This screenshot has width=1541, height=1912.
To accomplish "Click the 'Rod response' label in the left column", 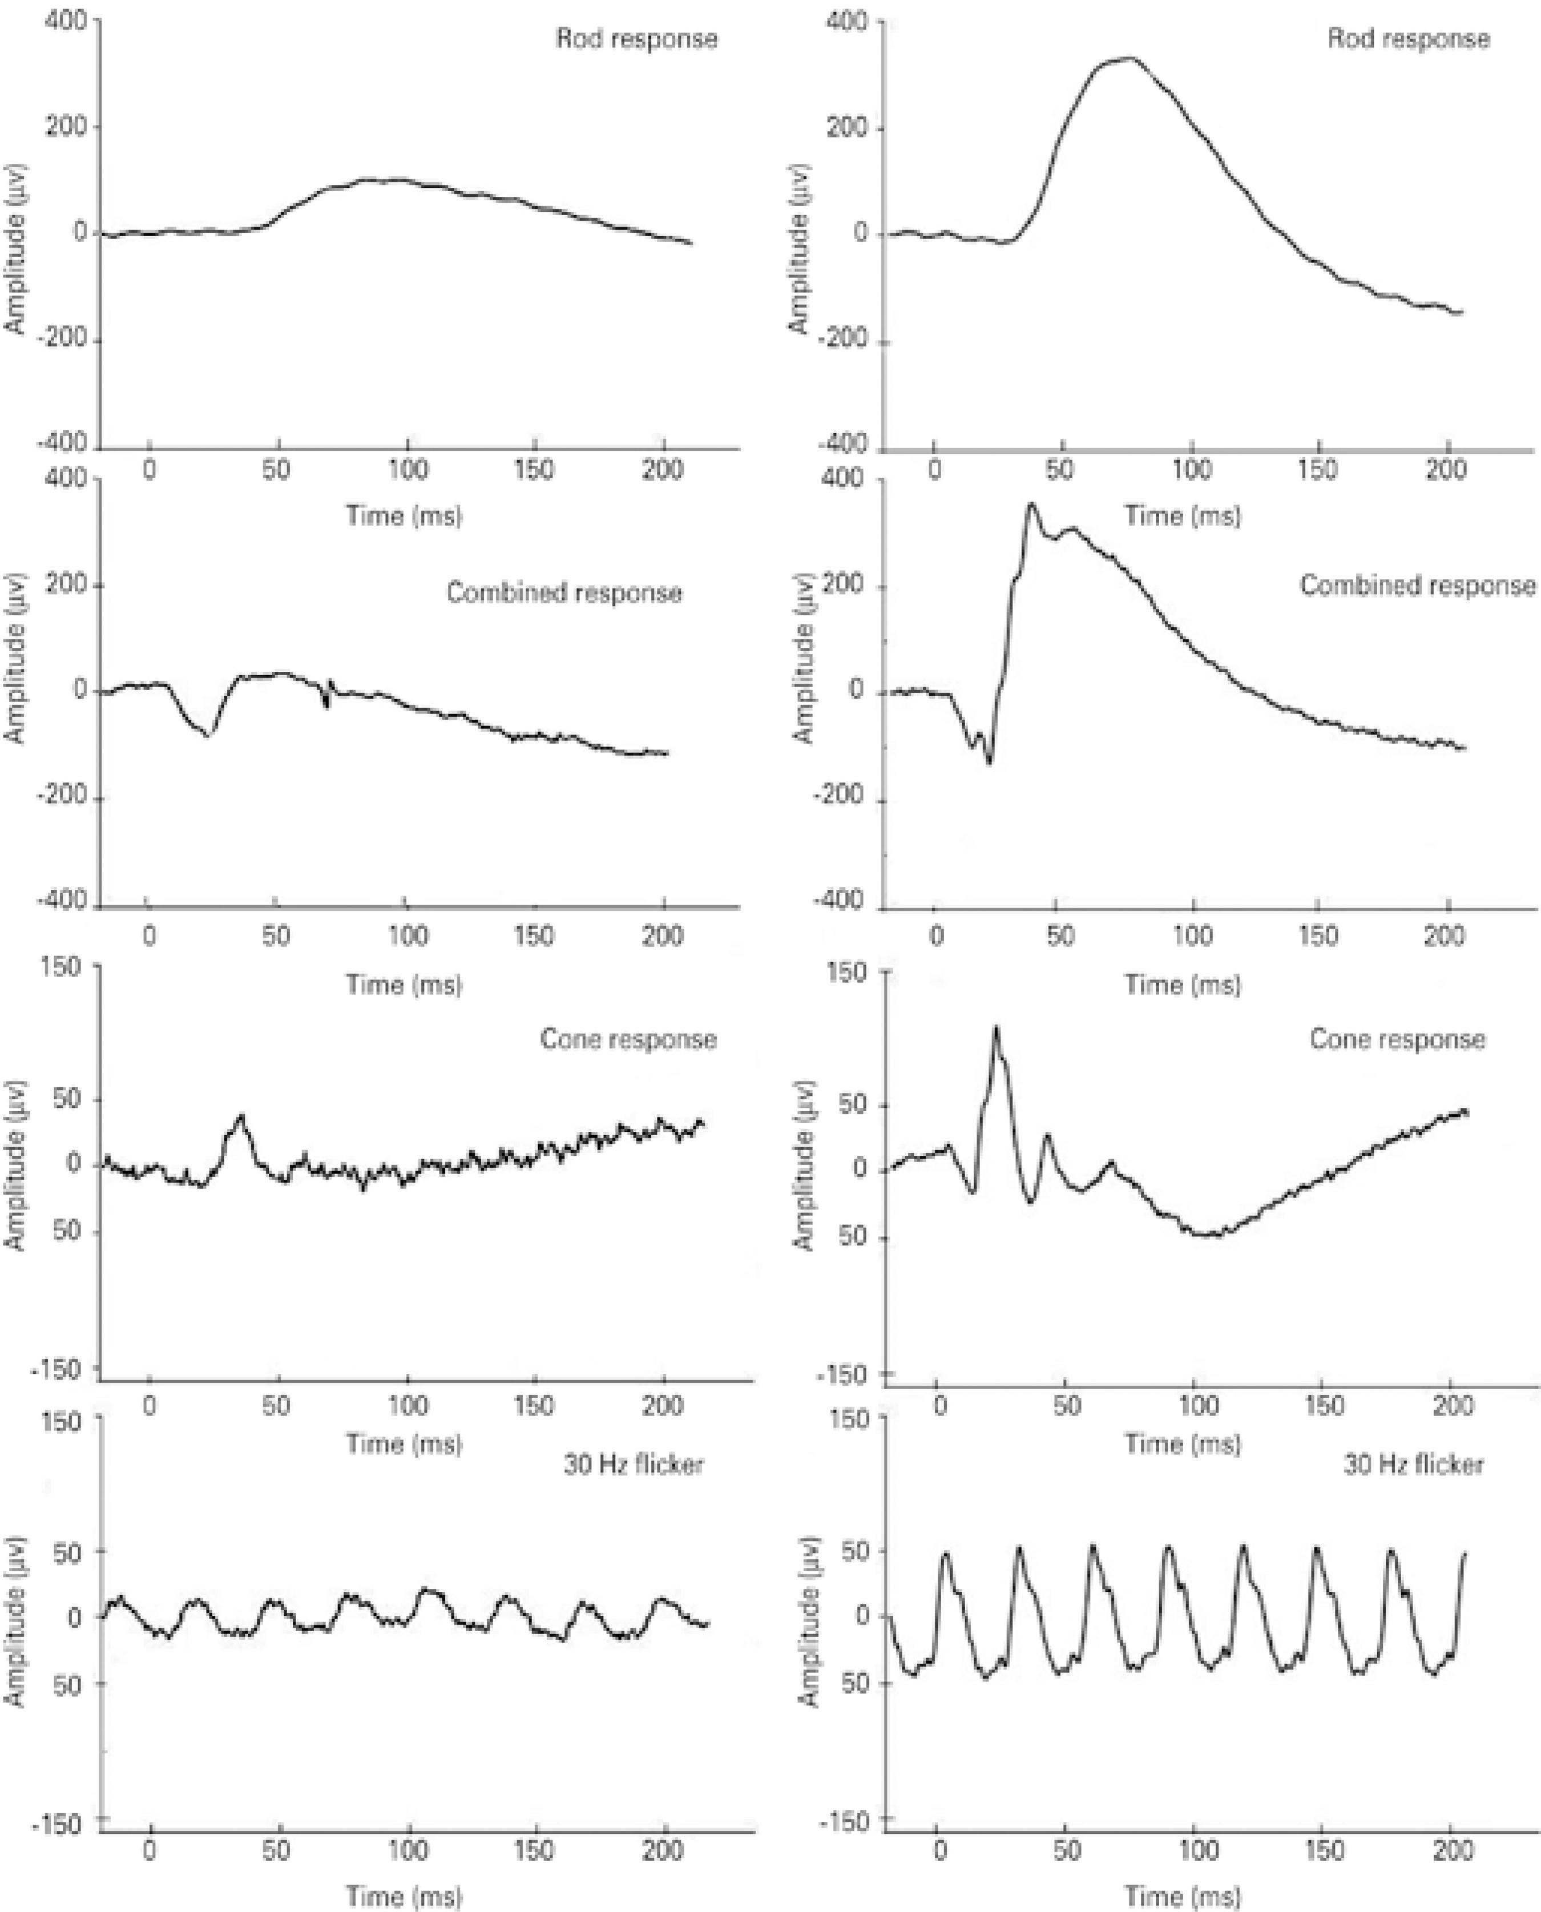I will [x=636, y=39].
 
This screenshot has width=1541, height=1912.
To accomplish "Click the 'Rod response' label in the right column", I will [x=1408, y=39].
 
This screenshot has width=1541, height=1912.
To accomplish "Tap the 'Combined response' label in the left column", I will [x=564, y=593].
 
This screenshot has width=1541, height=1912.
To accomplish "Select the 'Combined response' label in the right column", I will [x=1418, y=586].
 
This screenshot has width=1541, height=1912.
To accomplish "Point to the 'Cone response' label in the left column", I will [x=628, y=1039].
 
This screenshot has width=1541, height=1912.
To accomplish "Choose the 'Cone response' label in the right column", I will [x=1398, y=1039].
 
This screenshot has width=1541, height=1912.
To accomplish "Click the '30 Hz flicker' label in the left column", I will [x=634, y=1464].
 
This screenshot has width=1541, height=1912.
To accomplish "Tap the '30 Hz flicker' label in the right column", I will [x=1413, y=1464].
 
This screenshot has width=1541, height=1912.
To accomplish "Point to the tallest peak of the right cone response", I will [x=996, y=1028].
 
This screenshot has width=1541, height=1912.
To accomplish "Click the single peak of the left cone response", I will [x=240, y=1116].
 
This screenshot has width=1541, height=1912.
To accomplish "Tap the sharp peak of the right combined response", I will [x=1031, y=504].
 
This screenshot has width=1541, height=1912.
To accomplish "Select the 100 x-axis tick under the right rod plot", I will [x=1191, y=470].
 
